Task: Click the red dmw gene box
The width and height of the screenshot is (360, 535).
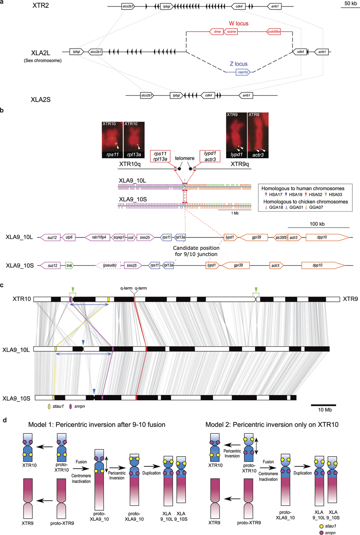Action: [217, 32]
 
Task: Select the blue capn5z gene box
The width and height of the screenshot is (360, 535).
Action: [243, 72]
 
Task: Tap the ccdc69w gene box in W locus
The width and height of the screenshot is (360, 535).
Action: [274, 32]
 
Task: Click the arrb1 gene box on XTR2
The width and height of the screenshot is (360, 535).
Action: [274, 6]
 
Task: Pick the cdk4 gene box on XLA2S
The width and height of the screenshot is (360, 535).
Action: [209, 95]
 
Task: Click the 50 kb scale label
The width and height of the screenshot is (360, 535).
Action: [350, 3]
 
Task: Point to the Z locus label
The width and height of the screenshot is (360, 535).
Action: [239, 64]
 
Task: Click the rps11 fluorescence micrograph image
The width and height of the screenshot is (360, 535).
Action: [112, 140]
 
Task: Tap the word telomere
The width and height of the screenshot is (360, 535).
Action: [185, 158]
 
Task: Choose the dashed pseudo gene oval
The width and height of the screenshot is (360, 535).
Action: [110, 265]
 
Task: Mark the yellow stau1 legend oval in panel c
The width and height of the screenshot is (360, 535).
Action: [49, 406]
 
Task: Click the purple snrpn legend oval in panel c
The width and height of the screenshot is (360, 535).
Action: [70, 406]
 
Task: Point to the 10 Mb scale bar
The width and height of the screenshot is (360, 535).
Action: [323, 405]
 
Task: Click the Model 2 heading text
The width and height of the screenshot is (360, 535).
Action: [272, 425]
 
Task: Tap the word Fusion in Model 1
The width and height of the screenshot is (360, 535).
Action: [81, 462]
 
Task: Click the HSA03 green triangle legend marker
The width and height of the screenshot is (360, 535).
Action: [326, 194]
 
